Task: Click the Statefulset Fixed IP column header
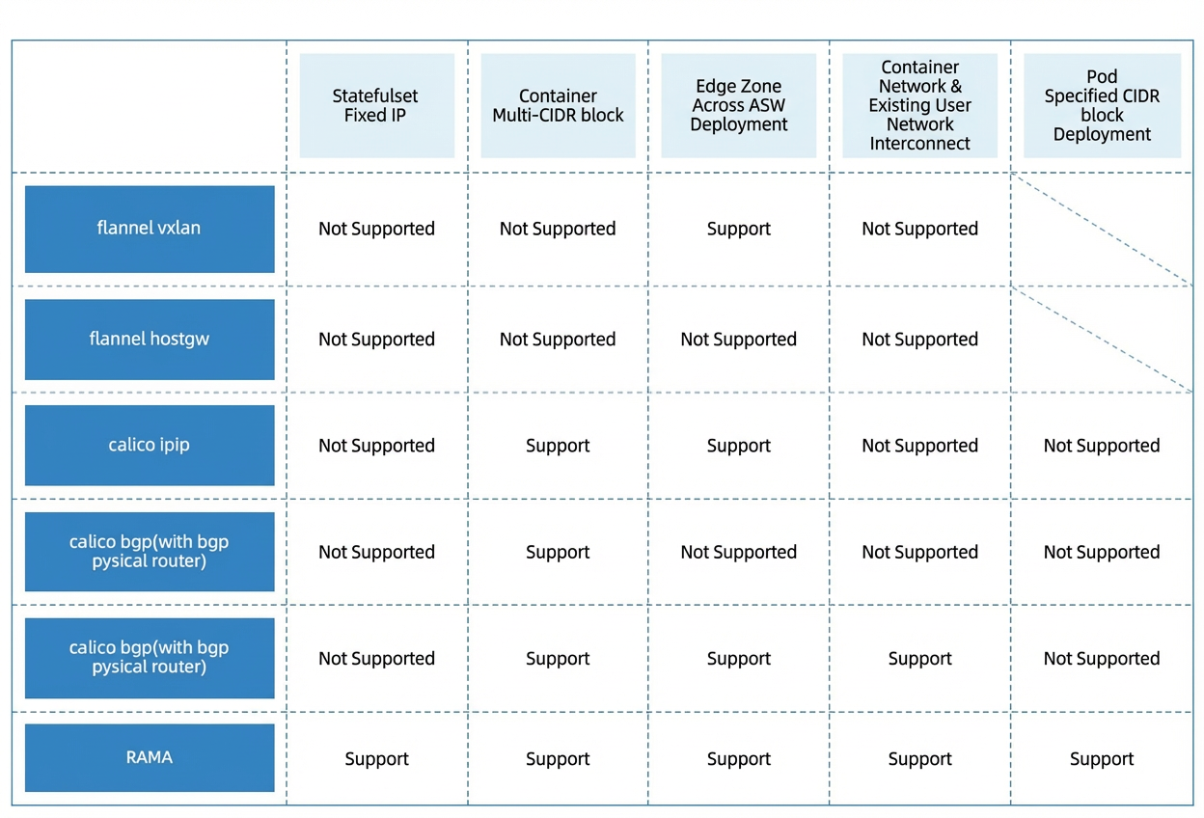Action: pyautogui.click(x=376, y=105)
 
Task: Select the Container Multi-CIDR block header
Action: pyautogui.click(x=558, y=105)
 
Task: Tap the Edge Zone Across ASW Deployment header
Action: pyautogui.click(x=739, y=105)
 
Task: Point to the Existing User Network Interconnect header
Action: pyautogui.click(x=919, y=105)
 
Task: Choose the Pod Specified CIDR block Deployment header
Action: pyautogui.click(x=1102, y=105)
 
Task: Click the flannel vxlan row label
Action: pyautogui.click(x=150, y=229)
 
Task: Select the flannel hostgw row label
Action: pyautogui.click(x=150, y=340)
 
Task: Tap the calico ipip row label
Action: pyautogui.click(x=150, y=446)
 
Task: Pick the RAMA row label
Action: pyautogui.click(x=150, y=758)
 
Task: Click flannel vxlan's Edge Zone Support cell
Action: pyautogui.click(x=739, y=229)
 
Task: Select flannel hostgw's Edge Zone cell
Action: pyautogui.click(x=739, y=340)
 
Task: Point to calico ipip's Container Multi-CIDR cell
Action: pyautogui.click(x=558, y=446)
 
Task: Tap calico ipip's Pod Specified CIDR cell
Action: pyautogui.click(x=1102, y=446)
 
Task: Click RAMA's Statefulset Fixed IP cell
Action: pyautogui.click(x=377, y=759)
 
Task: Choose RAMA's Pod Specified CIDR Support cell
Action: pyautogui.click(x=1102, y=759)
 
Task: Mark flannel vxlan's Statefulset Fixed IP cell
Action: pyautogui.click(x=377, y=229)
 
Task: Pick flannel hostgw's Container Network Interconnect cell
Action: pyautogui.click(x=919, y=340)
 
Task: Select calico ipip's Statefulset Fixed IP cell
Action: pyautogui.click(x=377, y=446)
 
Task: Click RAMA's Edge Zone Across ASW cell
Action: pyautogui.click(x=739, y=759)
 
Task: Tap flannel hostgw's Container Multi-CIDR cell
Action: pyautogui.click(x=558, y=340)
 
